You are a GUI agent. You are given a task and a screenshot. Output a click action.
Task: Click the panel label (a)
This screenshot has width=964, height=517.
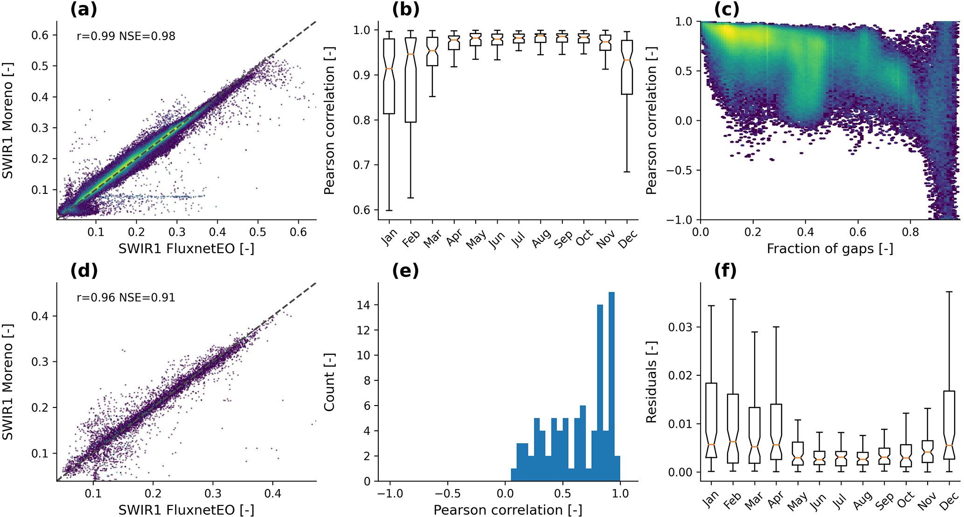(83, 10)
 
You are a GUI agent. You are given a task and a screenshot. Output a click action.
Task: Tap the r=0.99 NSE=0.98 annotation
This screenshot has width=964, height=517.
(126, 36)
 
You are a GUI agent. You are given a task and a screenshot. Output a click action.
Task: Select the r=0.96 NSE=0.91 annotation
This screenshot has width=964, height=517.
(126, 297)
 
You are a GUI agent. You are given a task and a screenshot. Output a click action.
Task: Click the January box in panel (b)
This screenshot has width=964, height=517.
(389, 76)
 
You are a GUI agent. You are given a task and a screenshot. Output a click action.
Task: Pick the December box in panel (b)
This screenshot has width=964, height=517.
(627, 67)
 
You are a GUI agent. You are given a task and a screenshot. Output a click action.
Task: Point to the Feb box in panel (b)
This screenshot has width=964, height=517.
(411, 80)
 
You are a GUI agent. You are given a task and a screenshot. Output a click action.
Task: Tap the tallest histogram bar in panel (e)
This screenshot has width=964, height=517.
(611, 386)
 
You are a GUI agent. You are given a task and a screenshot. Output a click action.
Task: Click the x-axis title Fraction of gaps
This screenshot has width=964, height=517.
(830, 249)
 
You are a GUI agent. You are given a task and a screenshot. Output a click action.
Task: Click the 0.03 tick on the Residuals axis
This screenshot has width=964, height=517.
(680, 327)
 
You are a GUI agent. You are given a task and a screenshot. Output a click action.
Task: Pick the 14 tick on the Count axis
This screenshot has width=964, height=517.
(364, 305)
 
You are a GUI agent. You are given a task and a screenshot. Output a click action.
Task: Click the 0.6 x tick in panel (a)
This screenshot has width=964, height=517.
(298, 232)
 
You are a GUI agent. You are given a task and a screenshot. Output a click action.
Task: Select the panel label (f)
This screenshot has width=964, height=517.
(725, 271)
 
